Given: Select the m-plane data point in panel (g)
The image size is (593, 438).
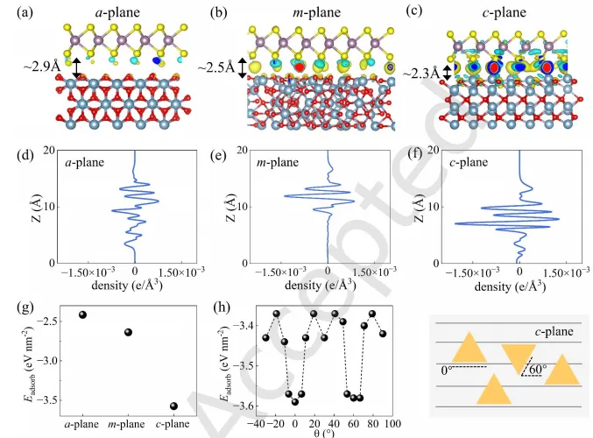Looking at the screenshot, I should pyautogui.click(x=128, y=333).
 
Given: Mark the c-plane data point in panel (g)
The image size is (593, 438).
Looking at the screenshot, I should pyautogui.click(x=173, y=406).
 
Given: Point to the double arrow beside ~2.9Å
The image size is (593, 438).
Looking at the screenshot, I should pyautogui.click(x=77, y=67).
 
